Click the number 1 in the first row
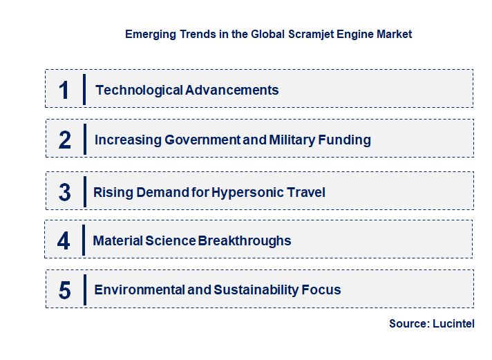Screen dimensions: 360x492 click(x=64, y=90)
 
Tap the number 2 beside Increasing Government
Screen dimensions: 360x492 click(x=65, y=140)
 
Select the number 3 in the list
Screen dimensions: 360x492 click(x=64, y=192)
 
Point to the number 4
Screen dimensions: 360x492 click(x=64, y=240)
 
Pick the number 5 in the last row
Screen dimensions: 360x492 click(x=64, y=290)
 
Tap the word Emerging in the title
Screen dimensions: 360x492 click(x=149, y=34)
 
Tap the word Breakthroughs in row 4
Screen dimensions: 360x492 click(x=245, y=240)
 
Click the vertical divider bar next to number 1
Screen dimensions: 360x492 click(x=84, y=89)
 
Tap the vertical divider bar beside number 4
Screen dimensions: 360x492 click(x=83, y=240)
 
